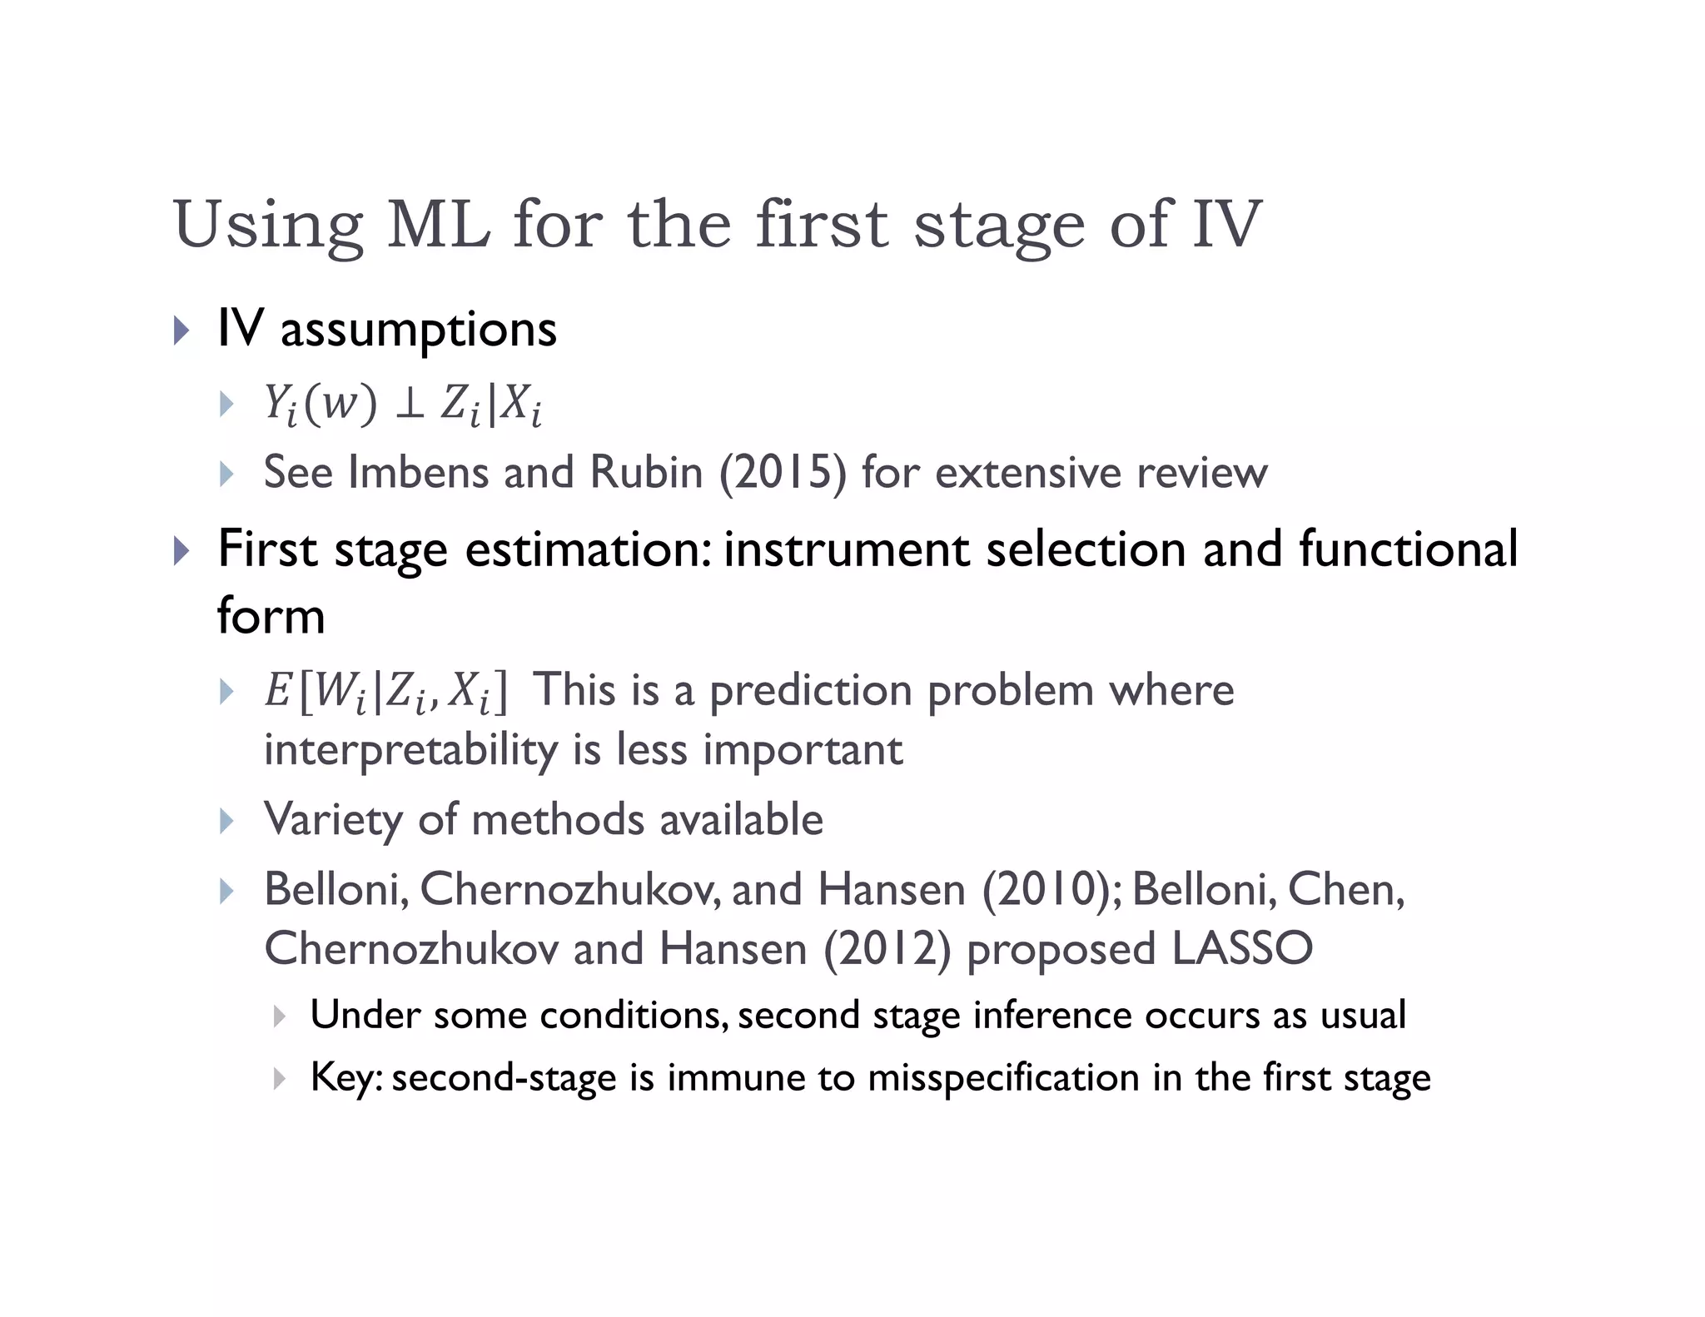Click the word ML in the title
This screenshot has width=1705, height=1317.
click(x=439, y=225)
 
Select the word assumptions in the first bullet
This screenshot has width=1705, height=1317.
click(x=418, y=330)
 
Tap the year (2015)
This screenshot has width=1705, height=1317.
click(x=783, y=473)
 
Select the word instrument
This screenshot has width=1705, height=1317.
click(x=847, y=549)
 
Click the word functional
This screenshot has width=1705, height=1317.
click(x=1408, y=549)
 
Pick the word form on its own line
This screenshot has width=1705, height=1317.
click(x=271, y=616)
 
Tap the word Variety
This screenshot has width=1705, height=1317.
click(x=333, y=820)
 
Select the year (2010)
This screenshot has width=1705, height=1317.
click(x=1051, y=889)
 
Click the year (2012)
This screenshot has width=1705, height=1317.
click(x=887, y=949)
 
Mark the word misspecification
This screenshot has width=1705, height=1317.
click(x=1003, y=1078)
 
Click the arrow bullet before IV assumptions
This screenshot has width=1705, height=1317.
click(x=181, y=330)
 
